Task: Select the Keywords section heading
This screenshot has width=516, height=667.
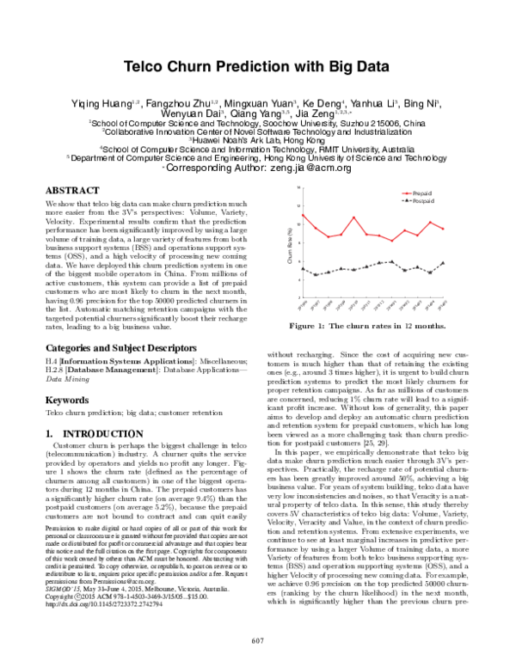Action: pos(68,400)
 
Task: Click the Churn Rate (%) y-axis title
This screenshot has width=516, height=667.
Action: pos(290,241)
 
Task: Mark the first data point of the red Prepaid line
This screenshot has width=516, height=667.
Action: pos(301,214)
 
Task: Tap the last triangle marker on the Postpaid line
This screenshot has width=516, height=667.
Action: pos(443,263)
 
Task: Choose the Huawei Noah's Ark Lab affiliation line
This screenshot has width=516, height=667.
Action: pos(258,139)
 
